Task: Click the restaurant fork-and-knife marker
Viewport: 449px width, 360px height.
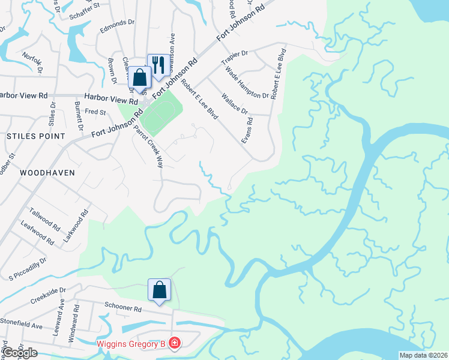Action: pyautogui.click(x=158, y=65)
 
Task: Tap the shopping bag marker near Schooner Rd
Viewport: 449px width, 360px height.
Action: pyautogui.click(x=160, y=290)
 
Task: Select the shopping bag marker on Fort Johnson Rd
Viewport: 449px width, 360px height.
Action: pyautogui.click(x=140, y=78)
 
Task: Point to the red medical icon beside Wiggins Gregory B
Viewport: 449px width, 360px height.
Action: pyautogui.click(x=174, y=343)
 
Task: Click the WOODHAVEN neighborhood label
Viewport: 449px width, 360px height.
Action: pyautogui.click(x=47, y=172)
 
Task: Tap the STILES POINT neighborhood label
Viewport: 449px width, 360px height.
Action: pyautogui.click(x=35, y=136)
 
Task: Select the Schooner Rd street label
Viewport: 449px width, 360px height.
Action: pyautogui.click(x=122, y=309)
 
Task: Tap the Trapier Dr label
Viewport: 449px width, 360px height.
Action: pyautogui.click(x=235, y=58)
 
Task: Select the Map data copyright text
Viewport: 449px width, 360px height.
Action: pyautogui.click(x=424, y=355)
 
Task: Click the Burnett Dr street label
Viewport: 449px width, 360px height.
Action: pyautogui.click(x=78, y=116)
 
